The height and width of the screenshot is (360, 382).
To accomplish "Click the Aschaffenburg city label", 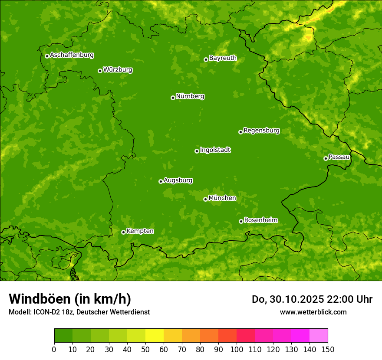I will [x=72, y=55].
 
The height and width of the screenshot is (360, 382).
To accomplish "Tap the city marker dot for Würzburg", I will [x=100, y=71].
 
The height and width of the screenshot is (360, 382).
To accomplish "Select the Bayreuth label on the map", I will [x=223, y=58].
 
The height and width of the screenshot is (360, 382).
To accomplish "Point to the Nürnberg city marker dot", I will [x=173, y=98].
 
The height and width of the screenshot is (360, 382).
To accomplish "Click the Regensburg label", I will [x=261, y=131].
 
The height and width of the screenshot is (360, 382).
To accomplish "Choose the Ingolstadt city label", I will [x=215, y=150].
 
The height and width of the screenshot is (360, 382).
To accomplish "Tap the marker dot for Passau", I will [x=326, y=158].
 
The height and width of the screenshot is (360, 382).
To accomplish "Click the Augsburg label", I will [x=178, y=180].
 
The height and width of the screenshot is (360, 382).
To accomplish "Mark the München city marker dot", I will [x=205, y=199].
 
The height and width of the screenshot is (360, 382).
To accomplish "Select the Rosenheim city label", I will [x=260, y=220].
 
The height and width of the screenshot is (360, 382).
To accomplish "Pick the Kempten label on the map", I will [x=140, y=231].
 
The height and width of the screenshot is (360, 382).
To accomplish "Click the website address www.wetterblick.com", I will [x=313, y=312].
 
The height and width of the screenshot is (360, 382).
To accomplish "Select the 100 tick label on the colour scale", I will [x=237, y=349].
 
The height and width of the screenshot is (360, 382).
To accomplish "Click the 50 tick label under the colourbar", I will [x=145, y=349].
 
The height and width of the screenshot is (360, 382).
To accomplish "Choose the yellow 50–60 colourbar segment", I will [x=155, y=336].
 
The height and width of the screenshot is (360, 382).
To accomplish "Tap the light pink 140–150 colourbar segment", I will [x=319, y=336].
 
